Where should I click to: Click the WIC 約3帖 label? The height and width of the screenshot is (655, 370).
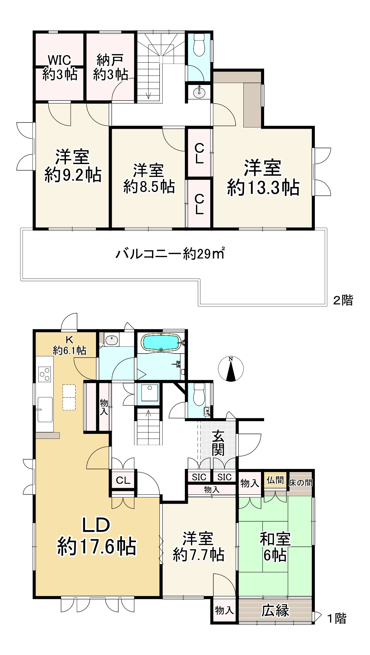(x=59, y=67)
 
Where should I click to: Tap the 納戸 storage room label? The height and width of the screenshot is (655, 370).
(x=111, y=67)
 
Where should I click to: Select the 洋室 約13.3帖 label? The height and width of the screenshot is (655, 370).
(x=263, y=178)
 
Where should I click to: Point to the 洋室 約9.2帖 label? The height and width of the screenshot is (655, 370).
(x=73, y=166)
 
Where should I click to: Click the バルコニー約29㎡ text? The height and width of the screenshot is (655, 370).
(x=170, y=254)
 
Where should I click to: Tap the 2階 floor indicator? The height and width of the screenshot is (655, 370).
(x=343, y=300)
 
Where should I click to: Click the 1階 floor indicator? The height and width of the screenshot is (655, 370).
(x=337, y=619)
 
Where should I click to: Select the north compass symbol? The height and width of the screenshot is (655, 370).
(x=231, y=369)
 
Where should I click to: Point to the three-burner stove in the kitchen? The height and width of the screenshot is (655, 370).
(x=44, y=374)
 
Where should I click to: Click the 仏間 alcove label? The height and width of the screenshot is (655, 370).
(x=275, y=480)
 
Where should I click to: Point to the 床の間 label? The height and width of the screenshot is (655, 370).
(x=300, y=483)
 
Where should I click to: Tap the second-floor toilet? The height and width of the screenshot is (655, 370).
(x=198, y=45)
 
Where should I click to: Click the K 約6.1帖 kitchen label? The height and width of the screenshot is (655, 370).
(x=69, y=345)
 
